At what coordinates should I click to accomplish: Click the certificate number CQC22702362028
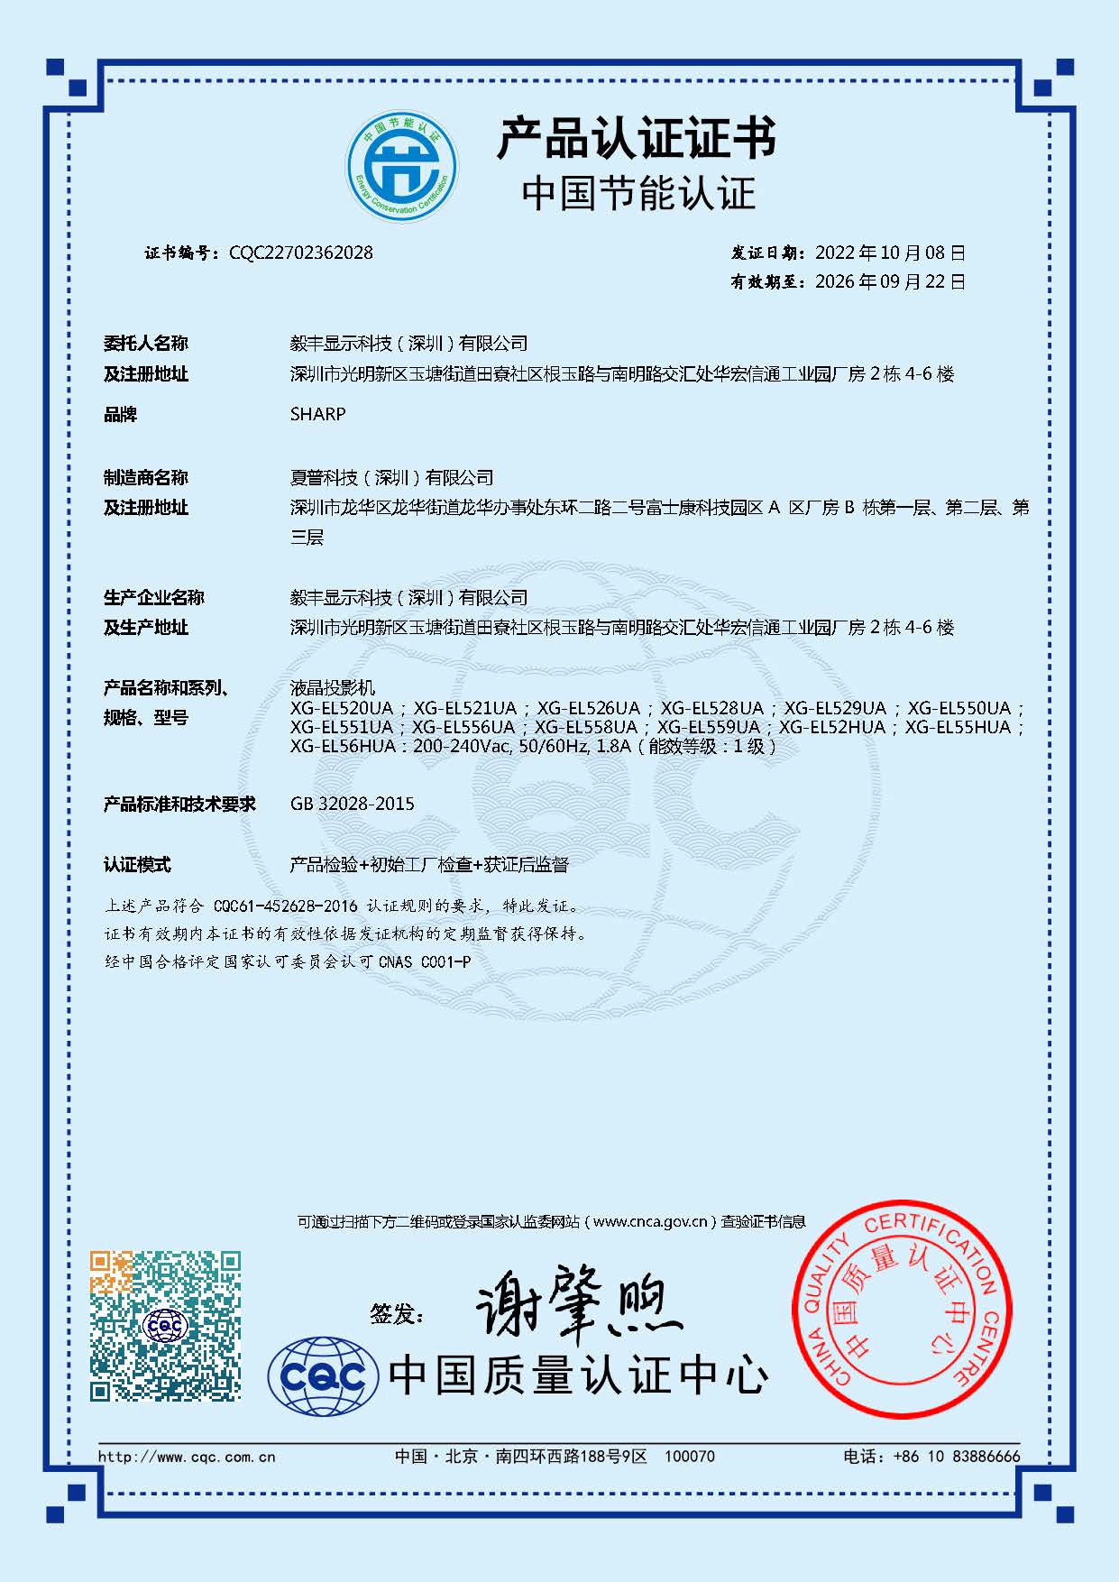coord(300,253)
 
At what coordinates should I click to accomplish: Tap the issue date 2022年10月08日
coord(890,253)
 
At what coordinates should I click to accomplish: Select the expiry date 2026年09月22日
coord(890,282)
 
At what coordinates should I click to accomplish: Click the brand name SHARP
coord(317,415)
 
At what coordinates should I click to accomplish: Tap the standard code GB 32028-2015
coord(353,804)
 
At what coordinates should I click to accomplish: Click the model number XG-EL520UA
coord(342,708)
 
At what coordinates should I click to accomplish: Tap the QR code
coord(165,1325)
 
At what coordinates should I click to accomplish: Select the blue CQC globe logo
coord(323,1376)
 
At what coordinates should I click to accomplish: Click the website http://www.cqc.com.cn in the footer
coord(187,1457)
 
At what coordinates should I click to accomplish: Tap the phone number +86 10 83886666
coord(957,1457)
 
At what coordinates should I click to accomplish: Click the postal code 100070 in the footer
coord(689,1457)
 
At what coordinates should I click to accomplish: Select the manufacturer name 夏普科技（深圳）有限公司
coord(391,478)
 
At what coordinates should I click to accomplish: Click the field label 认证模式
coord(137,865)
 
